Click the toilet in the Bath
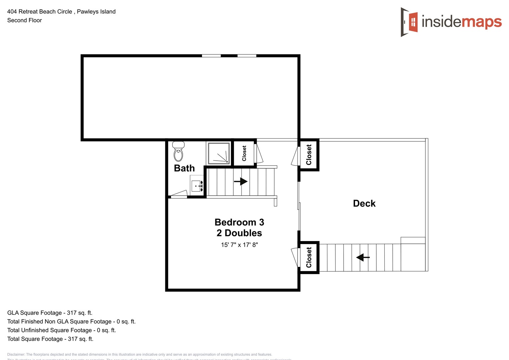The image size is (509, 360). tap(179, 152)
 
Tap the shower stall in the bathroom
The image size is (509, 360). tap(219, 153)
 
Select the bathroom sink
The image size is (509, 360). tap(196, 186)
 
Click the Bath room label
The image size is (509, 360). tap(184, 168)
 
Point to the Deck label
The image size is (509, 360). tap(364, 204)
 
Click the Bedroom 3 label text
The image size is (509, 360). tap(239, 222)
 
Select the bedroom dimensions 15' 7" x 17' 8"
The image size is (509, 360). tap(239, 245)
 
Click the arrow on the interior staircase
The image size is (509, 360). tap(241, 182)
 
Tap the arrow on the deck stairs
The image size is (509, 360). tap(363, 257)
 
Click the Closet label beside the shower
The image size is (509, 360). tap(244, 153)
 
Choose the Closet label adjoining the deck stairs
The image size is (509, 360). tap(309, 257)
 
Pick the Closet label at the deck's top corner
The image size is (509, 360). tap(309, 155)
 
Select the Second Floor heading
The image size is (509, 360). tap(25, 20)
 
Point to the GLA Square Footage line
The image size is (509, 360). tap(50, 313)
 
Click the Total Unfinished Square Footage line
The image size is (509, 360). tap(61, 330)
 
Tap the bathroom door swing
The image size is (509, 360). tap(179, 194)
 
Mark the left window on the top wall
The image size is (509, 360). tap(211, 56)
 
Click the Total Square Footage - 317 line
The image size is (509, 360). tap(50, 339)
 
